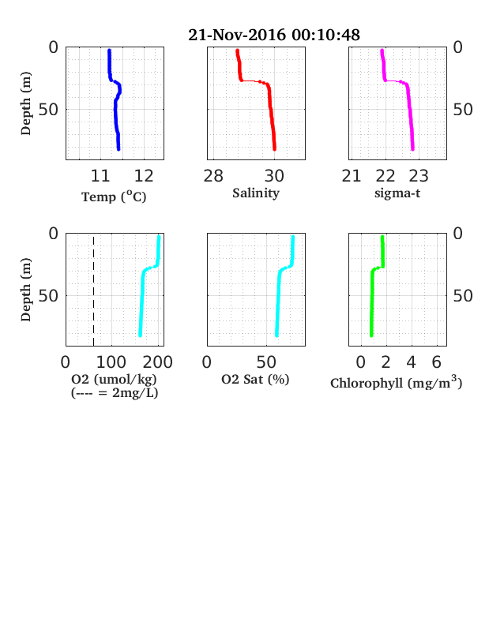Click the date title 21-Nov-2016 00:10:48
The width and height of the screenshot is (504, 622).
click(274, 35)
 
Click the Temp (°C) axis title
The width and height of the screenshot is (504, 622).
click(114, 197)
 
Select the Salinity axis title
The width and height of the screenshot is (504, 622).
click(256, 193)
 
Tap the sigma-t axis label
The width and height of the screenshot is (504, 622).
click(397, 193)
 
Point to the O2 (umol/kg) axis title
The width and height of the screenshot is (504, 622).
click(114, 380)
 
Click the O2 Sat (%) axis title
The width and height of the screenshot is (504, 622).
click(255, 380)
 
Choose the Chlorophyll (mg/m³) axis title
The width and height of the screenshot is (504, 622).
click(397, 382)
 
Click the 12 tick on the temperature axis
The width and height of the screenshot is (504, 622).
click(144, 176)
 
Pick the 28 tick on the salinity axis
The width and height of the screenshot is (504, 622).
click(213, 176)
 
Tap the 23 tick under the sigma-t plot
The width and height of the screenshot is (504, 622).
click(419, 176)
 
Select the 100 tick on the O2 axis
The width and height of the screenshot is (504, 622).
click(111, 362)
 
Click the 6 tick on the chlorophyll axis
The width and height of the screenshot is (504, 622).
click(437, 362)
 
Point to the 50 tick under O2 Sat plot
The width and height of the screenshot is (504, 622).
click(266, 362)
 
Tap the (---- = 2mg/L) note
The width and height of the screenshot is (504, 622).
click(115, 393)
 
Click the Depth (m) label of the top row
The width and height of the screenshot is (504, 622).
click(26, 103)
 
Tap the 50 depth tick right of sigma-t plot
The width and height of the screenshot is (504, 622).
click(463, 110)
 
